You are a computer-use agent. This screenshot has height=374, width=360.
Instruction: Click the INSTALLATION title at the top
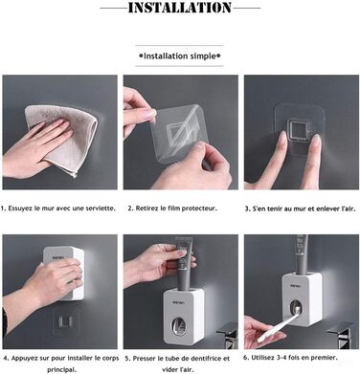(x=180, y=8)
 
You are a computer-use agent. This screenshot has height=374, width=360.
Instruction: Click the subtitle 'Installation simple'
(x=180, y=56)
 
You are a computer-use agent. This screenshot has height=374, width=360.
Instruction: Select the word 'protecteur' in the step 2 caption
(x=201, y=209)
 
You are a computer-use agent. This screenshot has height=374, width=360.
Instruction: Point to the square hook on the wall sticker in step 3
(x=298, y=131)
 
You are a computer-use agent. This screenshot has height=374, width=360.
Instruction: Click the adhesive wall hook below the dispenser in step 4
(x=66, y=321)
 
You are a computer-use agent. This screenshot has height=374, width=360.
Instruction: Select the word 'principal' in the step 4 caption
(x=61, y=370)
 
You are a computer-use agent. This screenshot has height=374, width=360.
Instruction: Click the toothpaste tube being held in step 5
(x=184, y=264)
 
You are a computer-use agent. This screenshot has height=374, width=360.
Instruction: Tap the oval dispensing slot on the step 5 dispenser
(x=179, y=327)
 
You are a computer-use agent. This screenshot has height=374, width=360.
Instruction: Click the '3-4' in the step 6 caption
(x=279, y=358)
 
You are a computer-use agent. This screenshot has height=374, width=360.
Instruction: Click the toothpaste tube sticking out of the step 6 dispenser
(x=301, y=254)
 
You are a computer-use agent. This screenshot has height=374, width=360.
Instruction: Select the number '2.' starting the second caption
(x=130, y=209)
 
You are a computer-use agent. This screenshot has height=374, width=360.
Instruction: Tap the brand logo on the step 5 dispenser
(x=178, y=302)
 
